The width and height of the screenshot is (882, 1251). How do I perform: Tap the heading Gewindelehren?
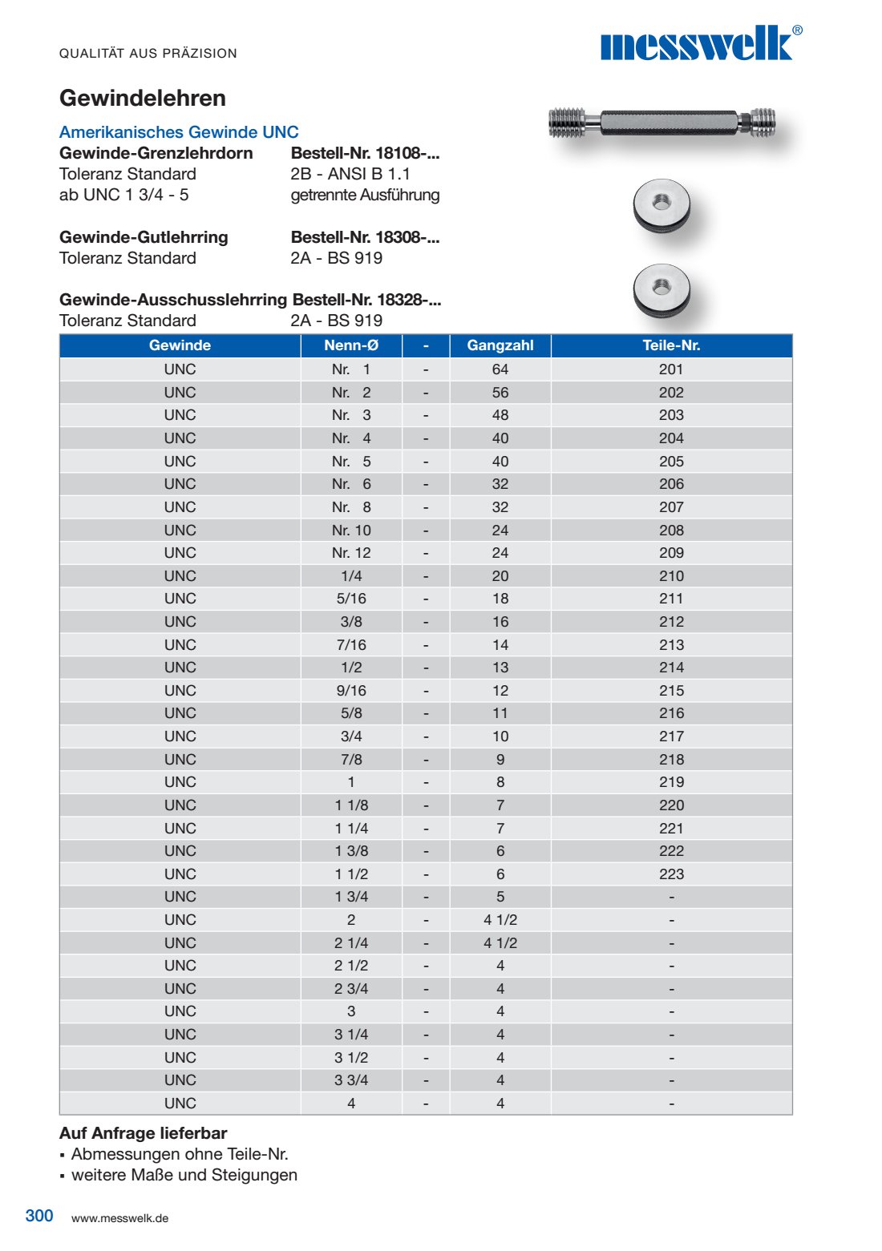pos(143,99)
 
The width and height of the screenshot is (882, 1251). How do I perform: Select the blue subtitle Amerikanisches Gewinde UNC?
pos(179,132)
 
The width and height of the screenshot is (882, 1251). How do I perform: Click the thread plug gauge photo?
pos(662,123)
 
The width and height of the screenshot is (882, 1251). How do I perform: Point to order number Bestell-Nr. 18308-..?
pos(365,237)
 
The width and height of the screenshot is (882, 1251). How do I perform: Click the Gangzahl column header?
pos(500,345)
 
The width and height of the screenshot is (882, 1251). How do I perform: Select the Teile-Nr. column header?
pos(671,345)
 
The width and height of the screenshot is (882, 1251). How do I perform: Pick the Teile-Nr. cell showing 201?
pos(671,369)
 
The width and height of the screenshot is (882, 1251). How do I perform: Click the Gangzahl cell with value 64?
pos(500,369)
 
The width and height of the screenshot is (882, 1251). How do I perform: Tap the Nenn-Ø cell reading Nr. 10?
pos(351,531)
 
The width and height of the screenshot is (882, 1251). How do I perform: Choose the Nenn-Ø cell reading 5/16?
pos(351,599)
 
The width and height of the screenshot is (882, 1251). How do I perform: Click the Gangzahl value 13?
pos(500,668)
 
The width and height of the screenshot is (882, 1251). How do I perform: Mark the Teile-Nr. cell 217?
pos(671,736)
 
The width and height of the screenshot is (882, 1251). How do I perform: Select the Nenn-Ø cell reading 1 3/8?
pos(351,851)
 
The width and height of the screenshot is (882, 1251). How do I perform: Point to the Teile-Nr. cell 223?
pos(671,874)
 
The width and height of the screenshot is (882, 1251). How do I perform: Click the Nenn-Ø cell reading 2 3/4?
pos(351,989)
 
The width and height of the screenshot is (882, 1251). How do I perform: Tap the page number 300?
pos(39,1216)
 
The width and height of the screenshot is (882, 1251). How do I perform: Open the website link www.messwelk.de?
pos(119,1218)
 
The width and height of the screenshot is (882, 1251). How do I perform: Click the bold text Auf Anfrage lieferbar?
pos(143,1133)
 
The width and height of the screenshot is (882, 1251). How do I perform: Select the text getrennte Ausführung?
pos(365,195)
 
